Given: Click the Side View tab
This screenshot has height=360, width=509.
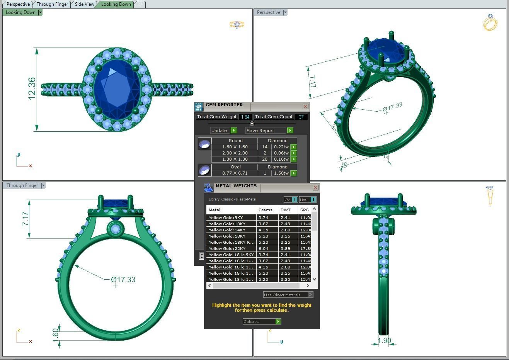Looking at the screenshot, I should (x=84, y=4).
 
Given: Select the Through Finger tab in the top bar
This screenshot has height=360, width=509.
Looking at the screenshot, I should (x=52, y=4).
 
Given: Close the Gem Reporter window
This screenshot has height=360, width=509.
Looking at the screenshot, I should (x=305, y=106).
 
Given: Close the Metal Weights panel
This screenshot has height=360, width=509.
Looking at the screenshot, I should (x=315, y=187).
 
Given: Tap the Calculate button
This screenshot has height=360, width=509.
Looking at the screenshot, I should (x=262, y=321).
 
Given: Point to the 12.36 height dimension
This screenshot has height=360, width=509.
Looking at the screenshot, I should (x=32, y=89).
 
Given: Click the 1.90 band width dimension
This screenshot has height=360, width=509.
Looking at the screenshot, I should (x=384, y=341).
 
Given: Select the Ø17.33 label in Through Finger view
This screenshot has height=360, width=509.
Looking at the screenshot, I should (x=123, y=279).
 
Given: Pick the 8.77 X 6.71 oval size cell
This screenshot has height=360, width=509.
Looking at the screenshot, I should (x=235, y=173).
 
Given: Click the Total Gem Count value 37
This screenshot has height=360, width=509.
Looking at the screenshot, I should (x=301, y=117).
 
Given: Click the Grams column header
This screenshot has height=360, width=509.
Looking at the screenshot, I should (x=266, y=210).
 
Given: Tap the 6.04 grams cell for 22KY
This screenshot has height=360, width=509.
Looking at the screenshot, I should (x=264, y=248).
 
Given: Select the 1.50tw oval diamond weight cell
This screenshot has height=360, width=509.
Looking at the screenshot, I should (x=281, y=173).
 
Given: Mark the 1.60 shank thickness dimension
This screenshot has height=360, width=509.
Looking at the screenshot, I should (x=55, y=333).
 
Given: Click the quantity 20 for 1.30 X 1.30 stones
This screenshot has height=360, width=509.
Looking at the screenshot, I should (x=265, y=159).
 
